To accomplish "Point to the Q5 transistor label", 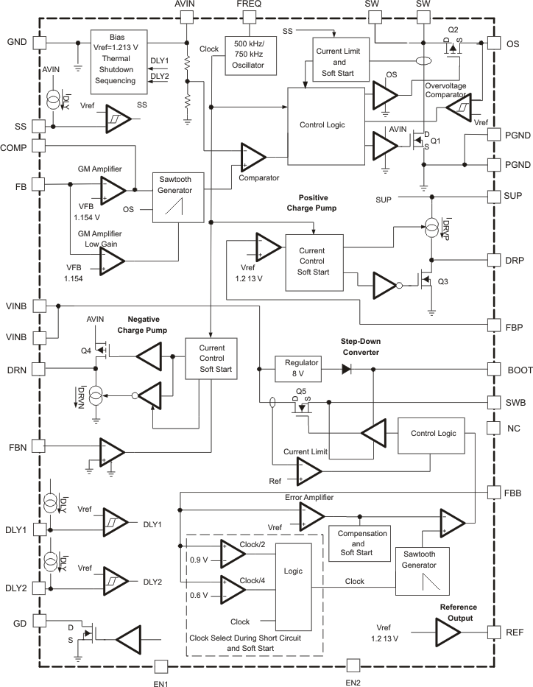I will click(300, 391).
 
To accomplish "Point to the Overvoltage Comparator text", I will click(451, 90).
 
